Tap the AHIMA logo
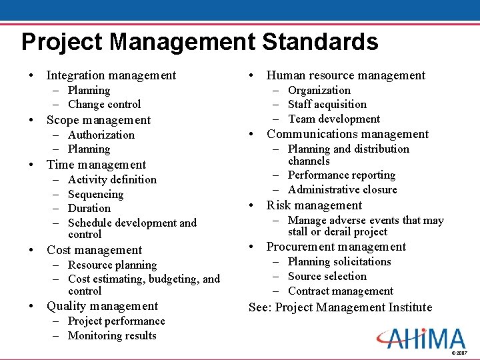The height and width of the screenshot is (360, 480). coord(421,339)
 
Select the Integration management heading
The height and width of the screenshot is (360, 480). coord(111,75)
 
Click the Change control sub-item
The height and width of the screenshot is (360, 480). coord(104,104)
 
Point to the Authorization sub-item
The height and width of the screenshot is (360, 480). coord(101,135)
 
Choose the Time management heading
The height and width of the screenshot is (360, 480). coord(96,165)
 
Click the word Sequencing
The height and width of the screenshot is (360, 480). coord(95,194)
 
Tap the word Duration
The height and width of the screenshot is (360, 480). coord(89,208)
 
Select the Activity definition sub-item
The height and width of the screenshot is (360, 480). coord(112,179)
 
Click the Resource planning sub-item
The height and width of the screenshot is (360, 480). coord(112,265)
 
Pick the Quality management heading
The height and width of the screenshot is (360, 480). coord(102,306)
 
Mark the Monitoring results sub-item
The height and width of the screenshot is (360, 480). coord(112,335)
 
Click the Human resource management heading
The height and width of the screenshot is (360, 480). coord(345,75)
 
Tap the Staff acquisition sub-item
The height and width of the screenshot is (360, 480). coord(327,104)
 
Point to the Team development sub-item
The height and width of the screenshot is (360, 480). coord(333,119)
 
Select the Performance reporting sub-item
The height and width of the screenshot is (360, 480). coord(341,175)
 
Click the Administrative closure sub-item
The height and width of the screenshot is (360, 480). coord(342,189)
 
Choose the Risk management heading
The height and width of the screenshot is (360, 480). coord(314,205)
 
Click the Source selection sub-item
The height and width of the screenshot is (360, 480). coord(327,276)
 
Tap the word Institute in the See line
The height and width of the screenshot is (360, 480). coord(407,307)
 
